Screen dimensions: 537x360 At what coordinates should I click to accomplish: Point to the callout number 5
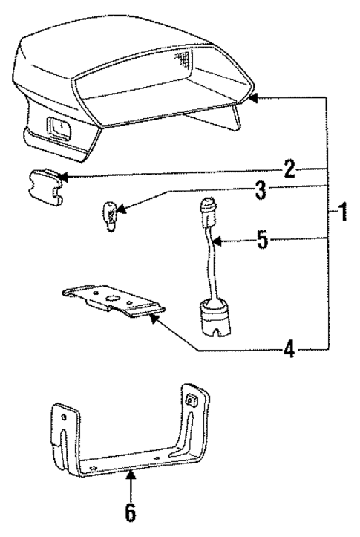pos(261,241)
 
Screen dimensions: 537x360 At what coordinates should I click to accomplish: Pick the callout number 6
pos(131,513)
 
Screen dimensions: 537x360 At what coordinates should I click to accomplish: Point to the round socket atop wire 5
pos(205,208)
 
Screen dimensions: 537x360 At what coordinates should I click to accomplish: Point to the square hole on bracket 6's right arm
pos(190,400)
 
